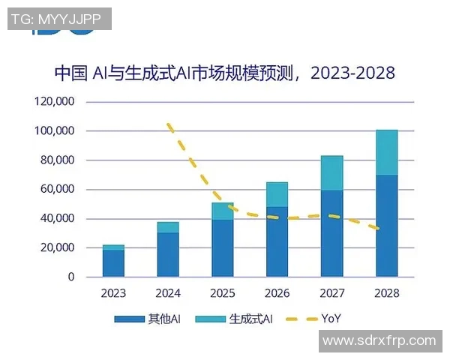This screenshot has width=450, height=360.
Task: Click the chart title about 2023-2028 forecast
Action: (x=224, y=73)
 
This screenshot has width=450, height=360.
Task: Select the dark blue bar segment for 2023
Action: (x=114, y=263)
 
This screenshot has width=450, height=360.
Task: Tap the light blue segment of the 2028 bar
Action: (x=386, y=153)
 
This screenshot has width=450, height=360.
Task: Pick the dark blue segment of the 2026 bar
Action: (x=277, y=241)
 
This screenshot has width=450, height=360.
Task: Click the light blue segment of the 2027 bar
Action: (x=332, y=173)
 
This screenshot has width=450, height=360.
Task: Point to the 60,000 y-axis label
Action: (x=56, y=190)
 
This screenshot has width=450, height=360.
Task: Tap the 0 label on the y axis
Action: (x=71, y=277)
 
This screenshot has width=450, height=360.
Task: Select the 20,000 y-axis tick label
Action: (x=56, y=248)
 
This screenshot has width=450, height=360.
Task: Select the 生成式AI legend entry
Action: (x=235, y=319)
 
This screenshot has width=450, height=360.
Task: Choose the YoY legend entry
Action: (x=315, y=319)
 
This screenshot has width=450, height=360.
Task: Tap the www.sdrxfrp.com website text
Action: (x=378, y=340)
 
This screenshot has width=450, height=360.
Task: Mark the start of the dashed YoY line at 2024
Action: (x=169, y=124)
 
